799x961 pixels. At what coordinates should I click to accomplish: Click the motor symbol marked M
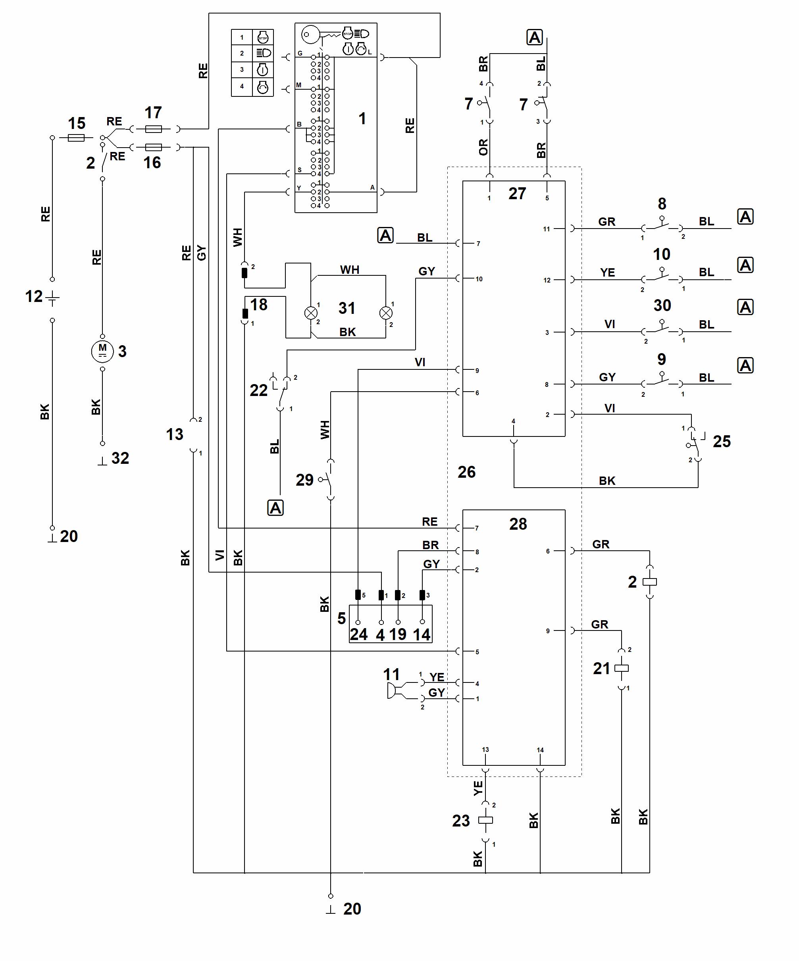[x=102, y=352]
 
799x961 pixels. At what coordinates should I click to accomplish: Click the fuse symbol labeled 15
[x=76, y=137]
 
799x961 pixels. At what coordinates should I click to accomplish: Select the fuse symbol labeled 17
[x=153, y=129]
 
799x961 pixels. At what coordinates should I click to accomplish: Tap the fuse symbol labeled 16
[x=153, y=147]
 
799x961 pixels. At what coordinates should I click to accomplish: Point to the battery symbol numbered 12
[x=53, y=298]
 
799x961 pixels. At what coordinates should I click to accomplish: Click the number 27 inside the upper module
[x=518, y=194]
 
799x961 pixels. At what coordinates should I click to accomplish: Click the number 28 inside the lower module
[x=518, y=524]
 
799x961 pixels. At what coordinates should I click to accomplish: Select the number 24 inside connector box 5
[x=358, y=634]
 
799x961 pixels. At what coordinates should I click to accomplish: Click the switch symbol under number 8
[x=662, y=226]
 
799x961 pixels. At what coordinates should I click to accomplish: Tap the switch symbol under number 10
[x=662, y=277]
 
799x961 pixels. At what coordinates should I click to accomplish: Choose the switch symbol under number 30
[x=662, y=329]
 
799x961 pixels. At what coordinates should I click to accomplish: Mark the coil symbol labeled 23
[x=485, y=820]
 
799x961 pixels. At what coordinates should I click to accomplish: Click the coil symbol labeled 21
[x=621, y=668]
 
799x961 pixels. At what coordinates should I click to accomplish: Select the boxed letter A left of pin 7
[x=385, y=235]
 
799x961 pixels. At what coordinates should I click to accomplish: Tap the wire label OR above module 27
[x=483, y=147]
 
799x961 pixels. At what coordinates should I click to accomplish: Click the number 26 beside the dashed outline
[x=466, y=472]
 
